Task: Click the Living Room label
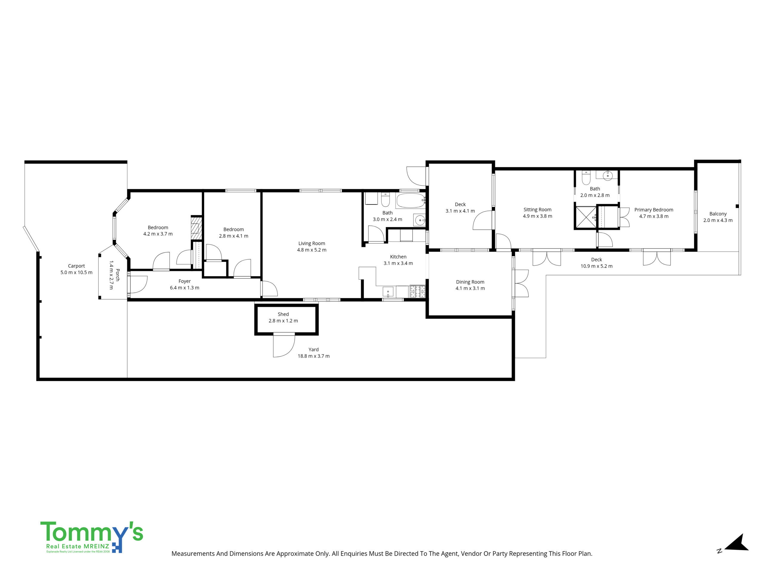tap(312, 244)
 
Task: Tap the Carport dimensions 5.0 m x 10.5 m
tap(76, 272)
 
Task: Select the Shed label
tap(283, 314)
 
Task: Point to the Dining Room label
tap(470, 282)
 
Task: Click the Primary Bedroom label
tap(654, 210)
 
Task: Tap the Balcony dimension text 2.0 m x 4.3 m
tap(718, 220)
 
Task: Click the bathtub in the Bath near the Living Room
tap(410, 201)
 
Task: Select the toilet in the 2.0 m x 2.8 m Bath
tap(586, 178)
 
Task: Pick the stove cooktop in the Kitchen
tap(417, 292)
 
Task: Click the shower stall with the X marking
tap(586, 217)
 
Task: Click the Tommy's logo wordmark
tap(92, 533)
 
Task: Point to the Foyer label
tap(184, 281)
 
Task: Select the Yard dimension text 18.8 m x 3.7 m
tap(314, 356)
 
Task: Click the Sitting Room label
tap(537, 210)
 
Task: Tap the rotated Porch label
tap(117, 275)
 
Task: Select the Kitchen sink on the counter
tap(388, 292)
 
